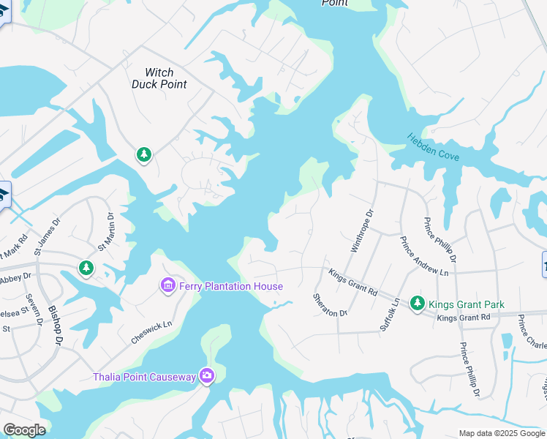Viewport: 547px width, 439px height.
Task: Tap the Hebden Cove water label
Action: (434, 146)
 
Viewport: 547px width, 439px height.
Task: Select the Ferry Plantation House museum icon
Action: (167, 285)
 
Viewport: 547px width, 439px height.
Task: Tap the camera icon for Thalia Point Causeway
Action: (207, 376)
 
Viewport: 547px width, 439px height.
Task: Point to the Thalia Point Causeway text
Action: (145, 377)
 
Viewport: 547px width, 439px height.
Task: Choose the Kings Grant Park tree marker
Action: (417, 302)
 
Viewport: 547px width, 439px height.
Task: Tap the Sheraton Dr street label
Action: (329, 304)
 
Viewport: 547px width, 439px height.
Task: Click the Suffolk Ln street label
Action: (389, 315)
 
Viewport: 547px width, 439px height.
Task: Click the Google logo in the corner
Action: (24, 430)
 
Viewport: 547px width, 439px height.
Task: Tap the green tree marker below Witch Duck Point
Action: (144, 154)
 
